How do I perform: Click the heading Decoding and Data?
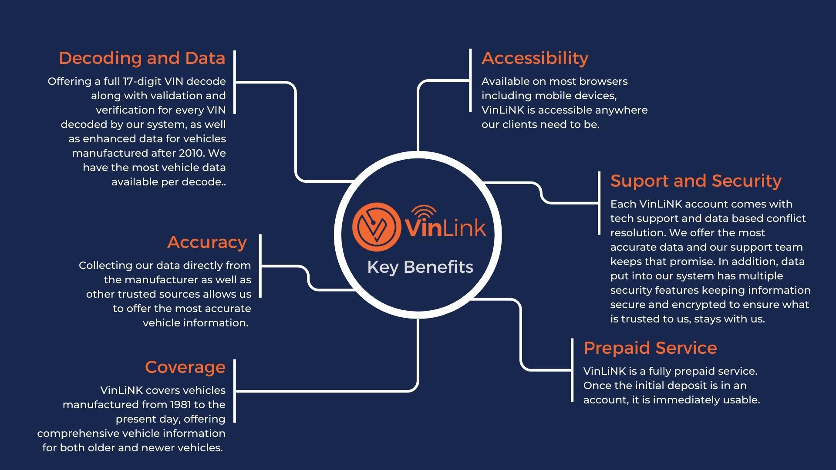click(x=142, y=58)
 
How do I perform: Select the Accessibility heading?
click(x=535, y=58)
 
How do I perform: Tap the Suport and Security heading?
click(x=696, y=181)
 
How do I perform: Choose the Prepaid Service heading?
click(x=650, y=348)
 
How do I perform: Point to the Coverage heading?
click(x=185, y=367)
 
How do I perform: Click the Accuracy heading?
click(x=207, y=242)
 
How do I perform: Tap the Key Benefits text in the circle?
click(x=420, y=267)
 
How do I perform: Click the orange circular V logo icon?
click(x=377, y=227)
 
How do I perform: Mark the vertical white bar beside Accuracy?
click(x=260, y=266)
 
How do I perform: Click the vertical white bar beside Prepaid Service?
click(x=572, y=370)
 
